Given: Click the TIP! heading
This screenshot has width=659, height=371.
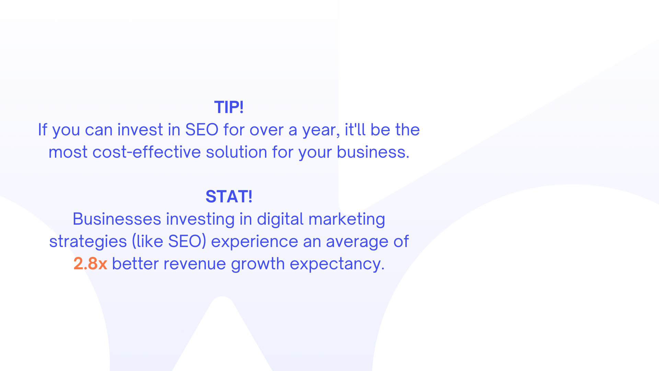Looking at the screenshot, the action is (x=229, y=107).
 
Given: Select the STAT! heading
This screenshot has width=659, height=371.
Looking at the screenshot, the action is (x=229, y=196).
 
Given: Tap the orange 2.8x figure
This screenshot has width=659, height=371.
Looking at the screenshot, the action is (x=90, y=263).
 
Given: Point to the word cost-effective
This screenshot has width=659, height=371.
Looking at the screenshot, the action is (x=147, y=152).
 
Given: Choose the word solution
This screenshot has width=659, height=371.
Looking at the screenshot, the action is (x=236, y=152).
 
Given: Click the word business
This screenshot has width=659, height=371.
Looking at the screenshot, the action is (x=373, y=152).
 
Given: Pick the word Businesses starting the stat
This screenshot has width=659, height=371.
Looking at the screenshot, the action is (x=117, y=219).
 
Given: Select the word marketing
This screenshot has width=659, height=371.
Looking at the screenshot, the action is (x=347, y=220).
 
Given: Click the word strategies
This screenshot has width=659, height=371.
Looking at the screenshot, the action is (x=88, y=242).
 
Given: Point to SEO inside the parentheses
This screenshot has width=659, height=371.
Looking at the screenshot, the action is (x=185, y=241).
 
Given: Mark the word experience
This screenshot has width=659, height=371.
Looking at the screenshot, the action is (x=255, y=242).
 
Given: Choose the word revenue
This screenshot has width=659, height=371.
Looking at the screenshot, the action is (x=195, y=264).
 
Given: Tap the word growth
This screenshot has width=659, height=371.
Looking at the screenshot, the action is (x=258, y=264).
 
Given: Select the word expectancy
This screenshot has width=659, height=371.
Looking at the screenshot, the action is (x=337, y=264).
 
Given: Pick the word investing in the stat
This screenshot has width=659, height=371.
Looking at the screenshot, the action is (x=200, y=220).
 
